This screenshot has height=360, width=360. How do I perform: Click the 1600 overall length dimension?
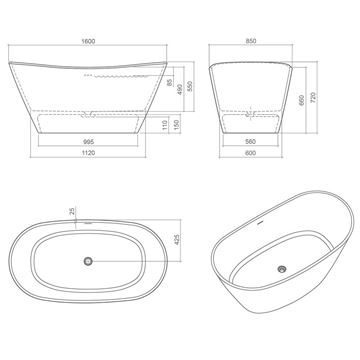[88, 41]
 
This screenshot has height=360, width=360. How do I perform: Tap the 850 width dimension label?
[251, 41]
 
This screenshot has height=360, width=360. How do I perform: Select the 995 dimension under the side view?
[88, 142]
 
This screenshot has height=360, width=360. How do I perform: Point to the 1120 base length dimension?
[88, 153]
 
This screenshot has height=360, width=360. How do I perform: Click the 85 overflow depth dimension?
[169, 81]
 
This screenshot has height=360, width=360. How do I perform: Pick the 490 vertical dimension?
[180, 89]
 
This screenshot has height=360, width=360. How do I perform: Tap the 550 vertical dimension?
[190, 86]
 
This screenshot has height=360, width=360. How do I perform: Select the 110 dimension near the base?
[165, 125]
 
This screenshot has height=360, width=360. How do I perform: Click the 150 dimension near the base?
[177, 125]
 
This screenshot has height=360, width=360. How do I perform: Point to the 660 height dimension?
[302, 100]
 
